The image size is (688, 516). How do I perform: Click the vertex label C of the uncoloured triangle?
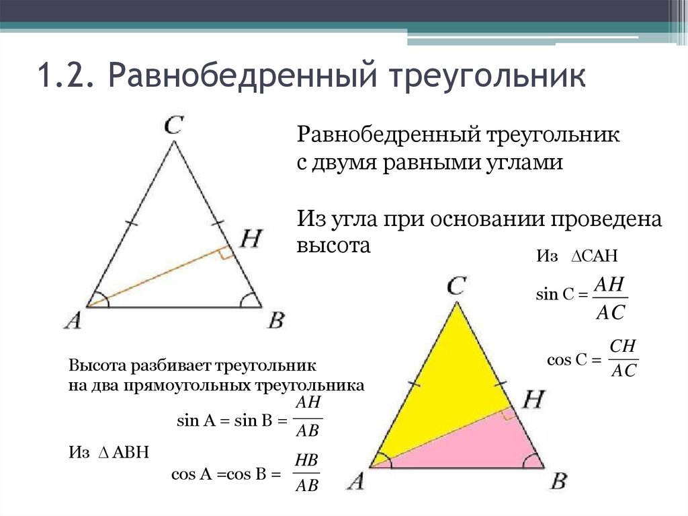(x=174, y=126)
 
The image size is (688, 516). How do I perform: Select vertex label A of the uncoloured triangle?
(x=73, y=320)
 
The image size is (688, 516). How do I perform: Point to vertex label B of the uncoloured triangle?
(x=275, y=320)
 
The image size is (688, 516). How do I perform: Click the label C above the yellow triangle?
(x=456, y=287)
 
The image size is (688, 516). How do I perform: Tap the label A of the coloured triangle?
(x=355, y=482)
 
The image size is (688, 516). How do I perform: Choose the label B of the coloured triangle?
(x=558, y=482)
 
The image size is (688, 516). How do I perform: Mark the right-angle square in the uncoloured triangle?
(x=226, y=253)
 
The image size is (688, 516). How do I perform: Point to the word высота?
(x=334, y=246)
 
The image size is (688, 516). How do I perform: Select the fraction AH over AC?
(x=610, y=298)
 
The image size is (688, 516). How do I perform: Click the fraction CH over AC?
(x=623, y=359)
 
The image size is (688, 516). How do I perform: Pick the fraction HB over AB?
(x=306, y=473)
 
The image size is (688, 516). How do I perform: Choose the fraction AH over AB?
(x=308, y=417)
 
